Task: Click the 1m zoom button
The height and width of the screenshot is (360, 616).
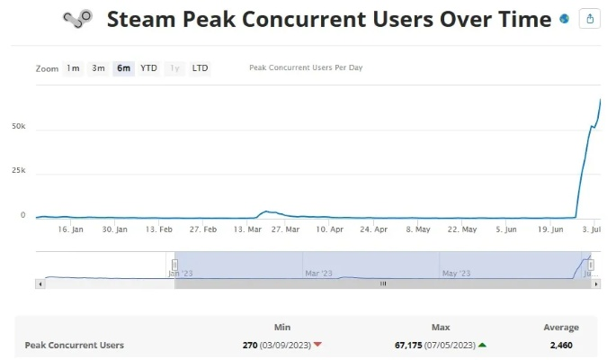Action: (73, 68)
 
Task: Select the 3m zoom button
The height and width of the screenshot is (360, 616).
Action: (98, 68)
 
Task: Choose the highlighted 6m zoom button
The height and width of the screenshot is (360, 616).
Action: (123, 68)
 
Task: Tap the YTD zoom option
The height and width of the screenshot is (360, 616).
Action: (148, 68)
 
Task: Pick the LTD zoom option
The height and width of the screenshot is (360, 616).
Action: (200, 68)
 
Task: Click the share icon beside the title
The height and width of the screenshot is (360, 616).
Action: (590, 19)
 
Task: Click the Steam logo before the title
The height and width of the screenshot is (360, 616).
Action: (77, 19)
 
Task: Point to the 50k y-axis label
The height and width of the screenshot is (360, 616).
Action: (18, 127)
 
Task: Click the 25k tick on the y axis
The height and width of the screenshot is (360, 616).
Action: (18, 171)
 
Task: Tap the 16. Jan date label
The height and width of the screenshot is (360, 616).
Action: (70, 229)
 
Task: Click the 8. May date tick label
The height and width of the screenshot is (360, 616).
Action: (418, 229)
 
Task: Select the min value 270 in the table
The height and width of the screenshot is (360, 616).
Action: (251, 345)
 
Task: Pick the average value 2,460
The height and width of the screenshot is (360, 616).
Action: (561, 345)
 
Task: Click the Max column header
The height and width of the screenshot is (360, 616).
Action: (441, 328)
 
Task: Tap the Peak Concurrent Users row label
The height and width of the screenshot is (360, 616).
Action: (74, 345)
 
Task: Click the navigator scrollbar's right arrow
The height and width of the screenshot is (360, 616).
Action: (597, 283)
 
